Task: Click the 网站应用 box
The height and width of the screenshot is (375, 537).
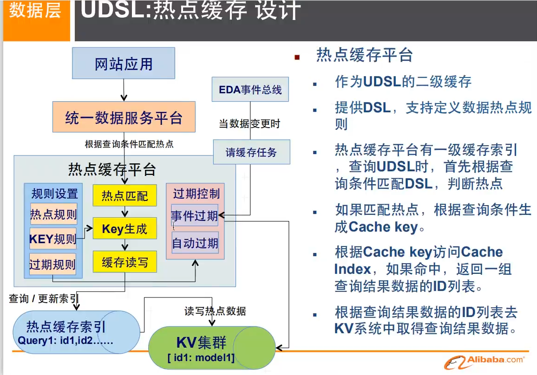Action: click(124, 63)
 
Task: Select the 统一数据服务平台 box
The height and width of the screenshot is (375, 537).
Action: click(124, 118)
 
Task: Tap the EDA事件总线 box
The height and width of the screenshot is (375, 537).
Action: click(250, 90)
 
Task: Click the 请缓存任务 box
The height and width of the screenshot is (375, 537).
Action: click(251, 152)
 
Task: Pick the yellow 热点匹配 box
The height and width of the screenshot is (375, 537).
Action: click(124, 195)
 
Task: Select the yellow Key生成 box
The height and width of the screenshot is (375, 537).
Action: click(124, 228)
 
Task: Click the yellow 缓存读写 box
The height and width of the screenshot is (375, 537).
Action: click(124, 262)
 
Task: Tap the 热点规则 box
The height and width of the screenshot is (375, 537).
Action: click(53, 214)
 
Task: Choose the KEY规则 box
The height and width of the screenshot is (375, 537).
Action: click(52, 239)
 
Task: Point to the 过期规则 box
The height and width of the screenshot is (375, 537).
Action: click(52, 264)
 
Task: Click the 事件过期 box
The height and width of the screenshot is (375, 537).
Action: click(195, 216)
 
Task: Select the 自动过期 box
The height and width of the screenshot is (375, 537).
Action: click(195, 243)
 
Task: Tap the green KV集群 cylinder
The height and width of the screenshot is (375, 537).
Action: click(211, 347)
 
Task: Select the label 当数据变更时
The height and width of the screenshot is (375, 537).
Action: click(249, 124)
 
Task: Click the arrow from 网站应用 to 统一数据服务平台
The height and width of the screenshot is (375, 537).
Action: click(124, 90)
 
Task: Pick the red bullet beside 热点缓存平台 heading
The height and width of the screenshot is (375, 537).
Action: click(297, 57)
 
